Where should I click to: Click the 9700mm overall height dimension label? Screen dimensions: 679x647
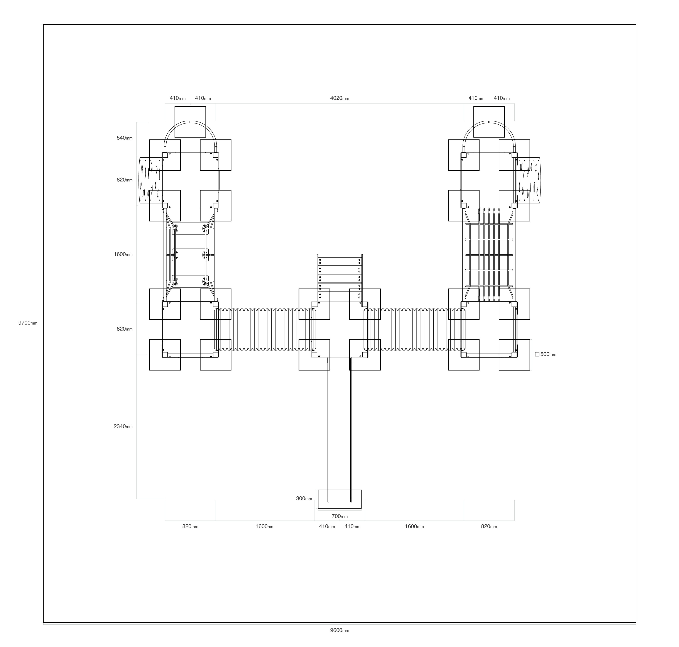[x=28, y=323]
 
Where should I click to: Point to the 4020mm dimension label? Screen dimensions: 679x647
[x=339, y=98]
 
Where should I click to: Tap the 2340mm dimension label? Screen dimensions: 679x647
[x=123, y=427]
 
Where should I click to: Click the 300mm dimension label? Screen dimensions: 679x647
[x=304, y=499]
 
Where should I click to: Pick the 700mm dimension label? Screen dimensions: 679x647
[x=339, y=516]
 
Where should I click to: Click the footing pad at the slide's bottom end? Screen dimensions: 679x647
[x=339, y=499]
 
